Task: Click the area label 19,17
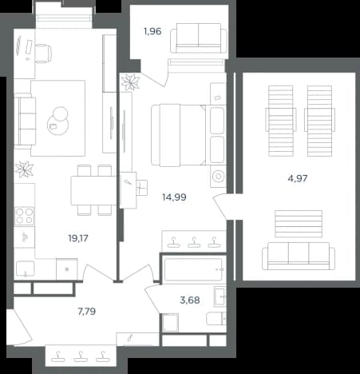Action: coord(78,238)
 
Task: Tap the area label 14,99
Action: coord(174,197)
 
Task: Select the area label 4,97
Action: coord(298,178)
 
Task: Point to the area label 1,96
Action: coord(152,31)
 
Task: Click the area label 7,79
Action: coord(87,311)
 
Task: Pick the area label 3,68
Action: coord(190,300)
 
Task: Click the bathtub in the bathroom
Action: coord(193,269)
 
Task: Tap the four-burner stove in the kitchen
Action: coord(24,216)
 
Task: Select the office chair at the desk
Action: coord(42,54)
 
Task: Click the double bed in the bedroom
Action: coord(188,135)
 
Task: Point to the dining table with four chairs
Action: coord(93,190)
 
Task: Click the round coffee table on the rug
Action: coord(58,121)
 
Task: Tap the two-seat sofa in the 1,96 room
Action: coord(199,38)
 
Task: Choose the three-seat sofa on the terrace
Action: coord(299,256)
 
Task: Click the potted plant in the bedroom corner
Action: coord(130,82)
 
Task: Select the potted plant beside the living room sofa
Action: coord(24,169)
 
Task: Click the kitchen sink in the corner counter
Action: coord(26,269)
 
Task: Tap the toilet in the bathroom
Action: coord(216,318)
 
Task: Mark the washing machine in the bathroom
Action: coord(170,323)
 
